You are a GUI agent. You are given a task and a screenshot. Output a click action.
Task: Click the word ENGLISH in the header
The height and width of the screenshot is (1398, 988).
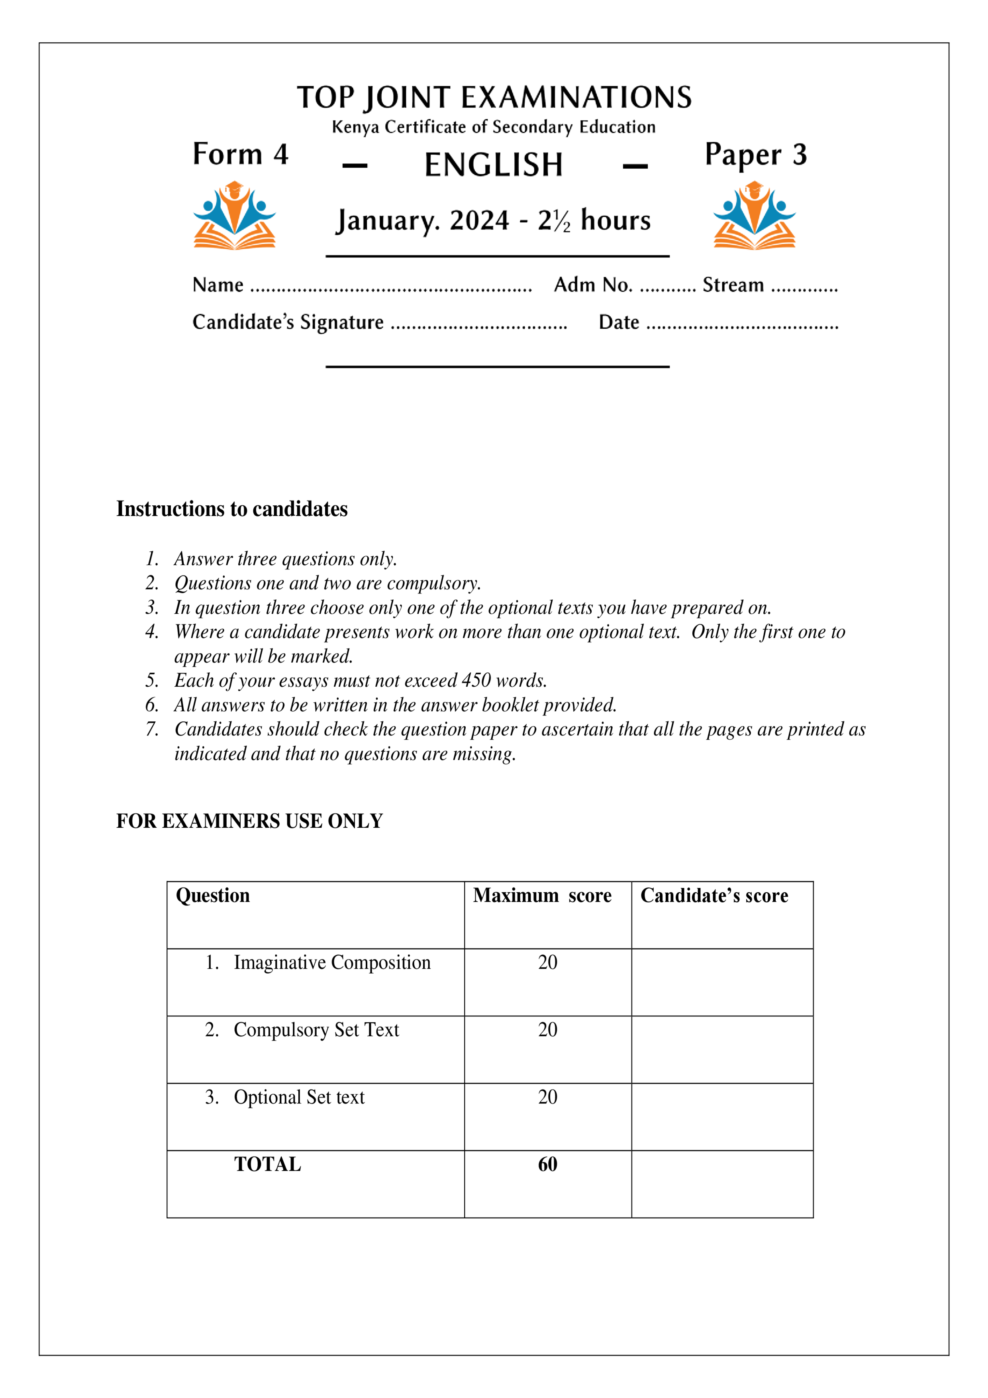(493, 165)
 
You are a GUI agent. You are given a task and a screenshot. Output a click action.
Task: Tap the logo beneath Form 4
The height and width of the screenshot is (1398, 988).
(234, 216)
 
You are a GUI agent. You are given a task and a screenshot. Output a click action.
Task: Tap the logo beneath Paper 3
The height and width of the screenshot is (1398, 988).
(754, 216)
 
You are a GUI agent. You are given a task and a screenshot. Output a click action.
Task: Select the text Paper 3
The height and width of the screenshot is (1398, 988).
(755, 155)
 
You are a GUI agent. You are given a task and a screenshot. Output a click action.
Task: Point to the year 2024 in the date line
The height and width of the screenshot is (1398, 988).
(479, 220)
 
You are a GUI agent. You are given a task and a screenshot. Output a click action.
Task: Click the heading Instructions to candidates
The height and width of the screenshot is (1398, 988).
(232, 509)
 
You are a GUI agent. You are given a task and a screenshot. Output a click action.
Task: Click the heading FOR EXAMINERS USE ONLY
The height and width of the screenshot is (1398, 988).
(249, 821)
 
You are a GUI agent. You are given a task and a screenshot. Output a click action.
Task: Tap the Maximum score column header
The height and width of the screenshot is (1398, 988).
(542, 895)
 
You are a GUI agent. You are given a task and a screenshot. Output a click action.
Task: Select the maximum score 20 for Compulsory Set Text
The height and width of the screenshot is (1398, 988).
(547, 1030)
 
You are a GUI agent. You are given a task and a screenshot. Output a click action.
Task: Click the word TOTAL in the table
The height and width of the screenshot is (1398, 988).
(268, 1164)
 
